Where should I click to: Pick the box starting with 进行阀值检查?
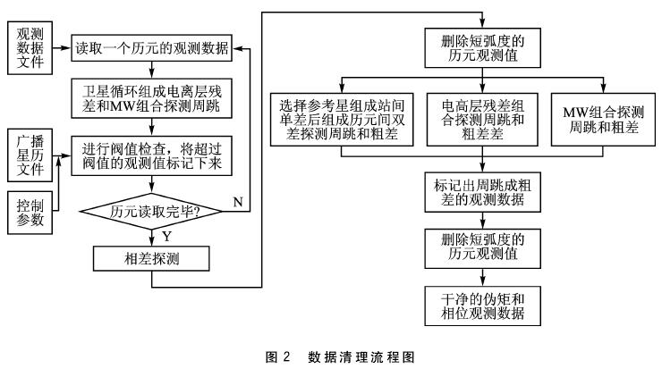[153, 156]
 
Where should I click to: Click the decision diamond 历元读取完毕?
[153, 212]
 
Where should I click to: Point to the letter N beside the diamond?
[239, 202]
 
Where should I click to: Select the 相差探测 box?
[153, 258]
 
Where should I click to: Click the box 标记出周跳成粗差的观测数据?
[482, 193]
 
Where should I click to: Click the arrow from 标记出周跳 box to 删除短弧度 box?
[482, 221]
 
